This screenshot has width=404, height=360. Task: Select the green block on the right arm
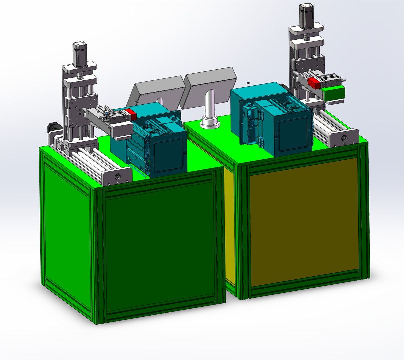point(334,92)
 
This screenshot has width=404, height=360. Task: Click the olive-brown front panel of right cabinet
point(304,222)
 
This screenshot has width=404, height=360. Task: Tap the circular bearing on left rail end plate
point(117,176)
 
